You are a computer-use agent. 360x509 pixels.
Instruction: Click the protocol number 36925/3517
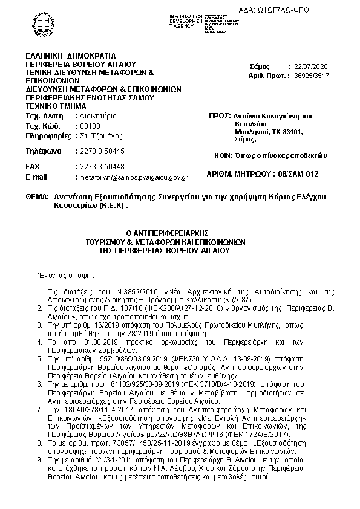pos(309,76)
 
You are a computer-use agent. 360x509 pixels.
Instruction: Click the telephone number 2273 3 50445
pos(99,151)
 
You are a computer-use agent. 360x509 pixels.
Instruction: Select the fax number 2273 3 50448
pos(99,166)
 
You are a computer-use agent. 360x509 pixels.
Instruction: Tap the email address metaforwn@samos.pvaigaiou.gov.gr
pos(131,178)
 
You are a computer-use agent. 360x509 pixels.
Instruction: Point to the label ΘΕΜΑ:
pos(38,198)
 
